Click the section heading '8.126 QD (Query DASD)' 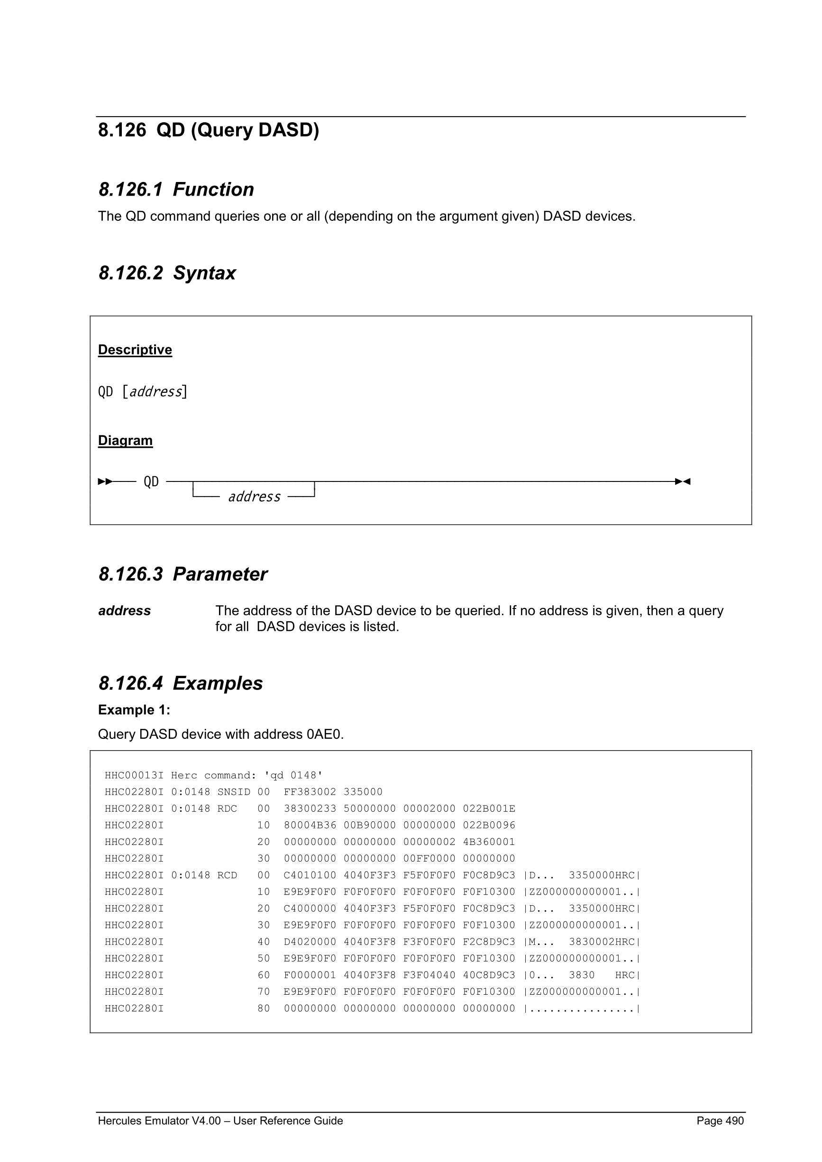pos(208,130)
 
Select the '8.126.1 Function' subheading pos(176,189)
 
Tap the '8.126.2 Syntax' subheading pos(167,273)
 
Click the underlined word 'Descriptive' pos(135,350)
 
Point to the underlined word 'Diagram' pos(125,440)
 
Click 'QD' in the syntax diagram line pos(151,481)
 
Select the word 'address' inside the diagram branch pos(254,497)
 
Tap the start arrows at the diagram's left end pos(105,481)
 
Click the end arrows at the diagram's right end pos(683,481)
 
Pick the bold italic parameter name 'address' pos(124,611)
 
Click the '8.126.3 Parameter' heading pos(182,574)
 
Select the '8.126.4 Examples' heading pos(180,683)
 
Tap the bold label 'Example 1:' pos(134,710)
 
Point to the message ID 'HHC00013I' pos(134,775)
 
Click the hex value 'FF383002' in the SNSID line pos(310,792)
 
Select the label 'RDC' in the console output pos(227,809)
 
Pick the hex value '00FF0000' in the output pos(429,858)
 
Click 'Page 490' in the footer pos(720,1120)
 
